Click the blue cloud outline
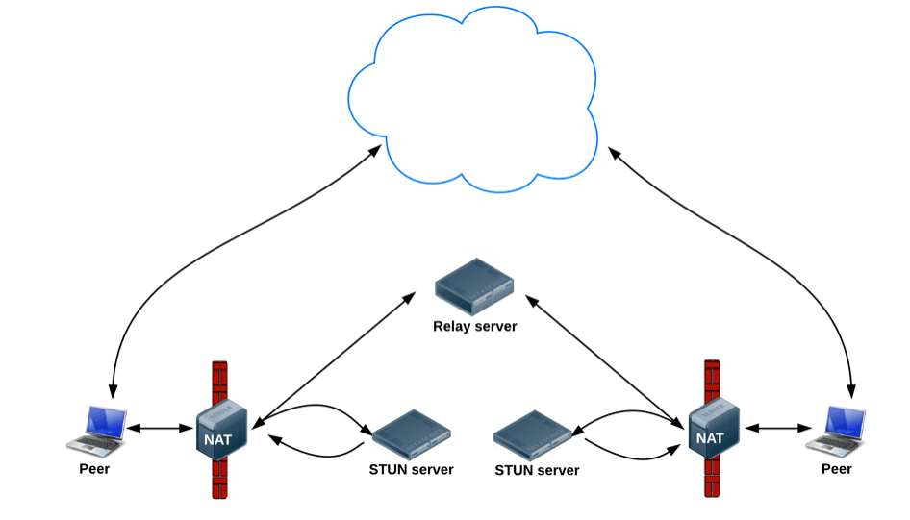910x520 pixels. [348, 99]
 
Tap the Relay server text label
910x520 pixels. [475, 327]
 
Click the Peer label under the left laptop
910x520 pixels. [94, 469]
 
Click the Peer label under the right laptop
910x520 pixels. [836, 469]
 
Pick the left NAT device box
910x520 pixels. [221, 430]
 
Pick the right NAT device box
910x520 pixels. [714, 429]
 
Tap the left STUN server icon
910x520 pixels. [412, 434]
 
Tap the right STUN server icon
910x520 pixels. [533, 435]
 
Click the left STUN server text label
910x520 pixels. [411, 470]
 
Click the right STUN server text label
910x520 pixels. [537, 470]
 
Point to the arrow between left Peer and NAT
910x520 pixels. [161, 429]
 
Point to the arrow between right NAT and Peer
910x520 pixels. [778, 429]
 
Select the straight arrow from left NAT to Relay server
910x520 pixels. [334, 360]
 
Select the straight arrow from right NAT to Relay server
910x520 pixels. [604, 361]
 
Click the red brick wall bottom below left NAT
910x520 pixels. [220, 479]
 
